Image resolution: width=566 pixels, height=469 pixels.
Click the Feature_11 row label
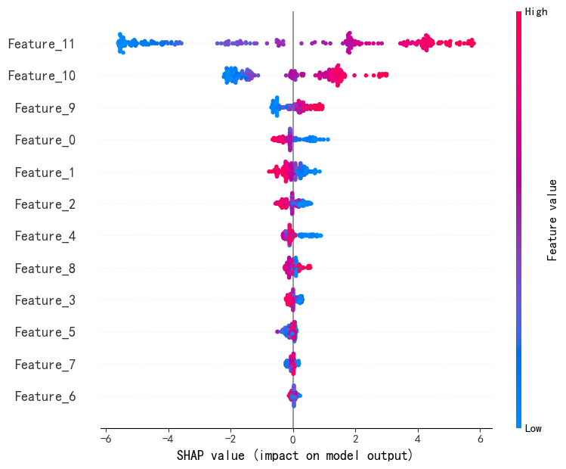click(x=42, y=44)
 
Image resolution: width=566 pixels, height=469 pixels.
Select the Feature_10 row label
click(x=42, y=76)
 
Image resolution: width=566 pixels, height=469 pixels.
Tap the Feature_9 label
click(x=45, y=107)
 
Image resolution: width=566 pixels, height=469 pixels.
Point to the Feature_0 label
click(x=45, y=140)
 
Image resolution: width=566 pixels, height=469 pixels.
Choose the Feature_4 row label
click(x=45, y=236)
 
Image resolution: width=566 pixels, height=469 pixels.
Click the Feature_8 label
click(x=45, y=269)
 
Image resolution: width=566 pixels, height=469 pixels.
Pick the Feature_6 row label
click(x=45, y=396)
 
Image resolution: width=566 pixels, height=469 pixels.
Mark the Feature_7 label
click(x=45, y=365)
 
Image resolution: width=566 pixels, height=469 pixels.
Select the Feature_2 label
click(x=45, y=204)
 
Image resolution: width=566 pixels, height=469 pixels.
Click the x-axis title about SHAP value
click(x=295, y=455)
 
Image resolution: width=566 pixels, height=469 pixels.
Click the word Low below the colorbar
click(x=534, y=429)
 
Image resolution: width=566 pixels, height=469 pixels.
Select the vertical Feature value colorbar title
click(x=552, y=220)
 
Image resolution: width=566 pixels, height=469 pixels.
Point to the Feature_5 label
click(x=45, y=332)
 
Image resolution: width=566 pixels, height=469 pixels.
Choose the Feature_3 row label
click(x=45, y=300)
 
